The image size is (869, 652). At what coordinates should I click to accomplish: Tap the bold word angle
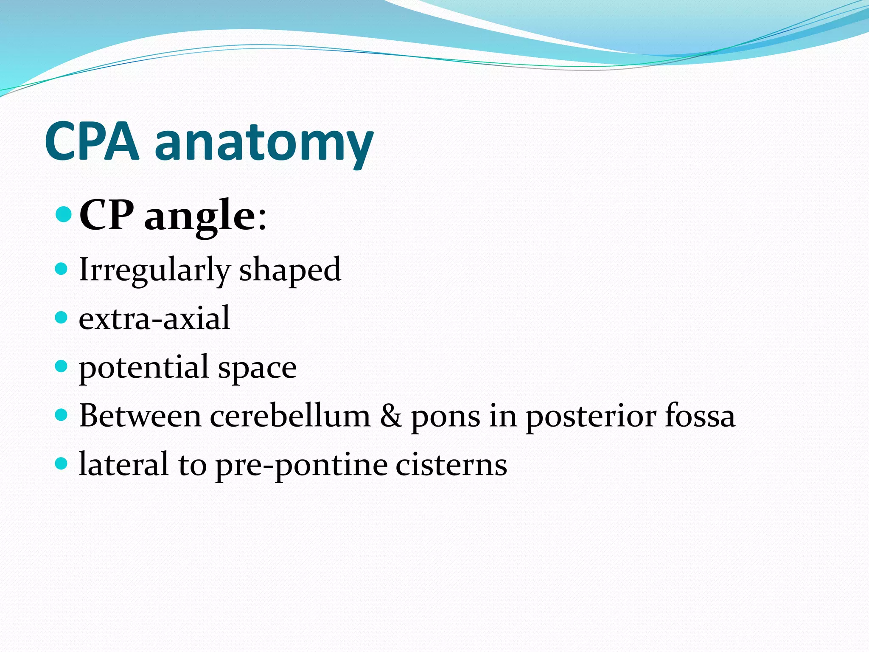click(200, 216)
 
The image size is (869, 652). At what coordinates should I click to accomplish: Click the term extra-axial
click(154, 318)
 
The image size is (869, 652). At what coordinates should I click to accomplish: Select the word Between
click(140, 416)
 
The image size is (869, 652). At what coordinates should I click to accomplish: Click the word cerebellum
click(290, 416)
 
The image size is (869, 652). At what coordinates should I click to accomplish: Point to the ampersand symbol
click(390, 416)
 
